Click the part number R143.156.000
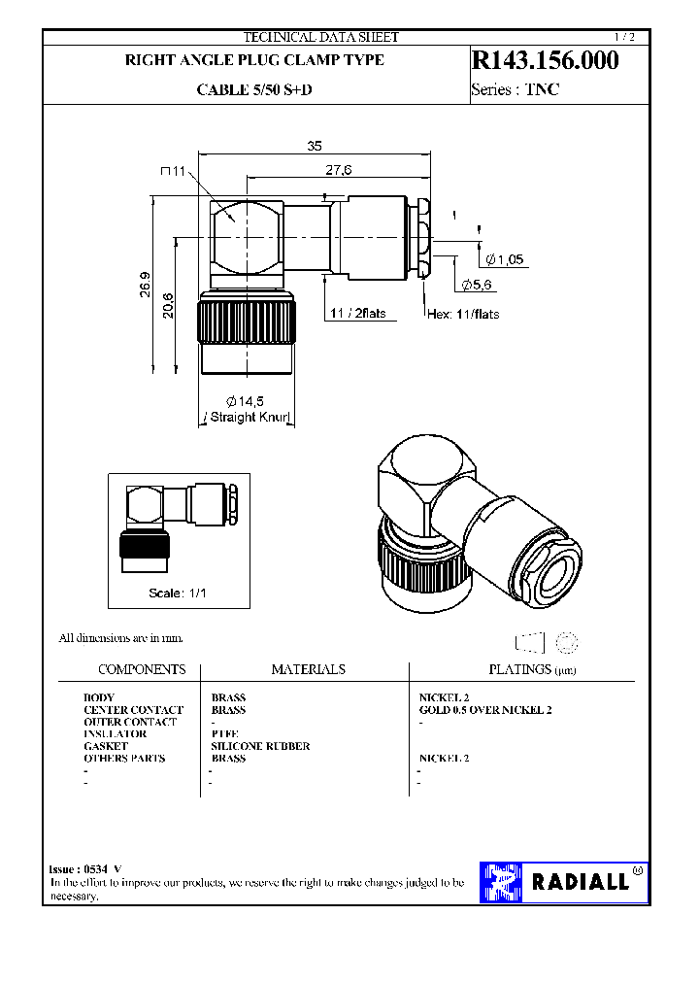[x=545, y=60]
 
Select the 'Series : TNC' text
[x=516, y=90]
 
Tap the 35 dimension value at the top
[x=314, y=146]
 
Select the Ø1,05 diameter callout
[x=505, y=259]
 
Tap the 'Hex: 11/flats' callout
[x=463, y=314]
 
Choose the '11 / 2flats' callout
[x=356, y=314]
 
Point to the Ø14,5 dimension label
[x=246, y=401]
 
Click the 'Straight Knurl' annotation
[x=247, y=417]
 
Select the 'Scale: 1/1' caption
[x=178, y=593]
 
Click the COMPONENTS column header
[x=142, y=669]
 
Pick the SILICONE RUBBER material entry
[x=260, y=746]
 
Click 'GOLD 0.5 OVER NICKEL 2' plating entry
[x=484, y=710]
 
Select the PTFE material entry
[x=224, y=734]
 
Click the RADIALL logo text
[x=581, y=882]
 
